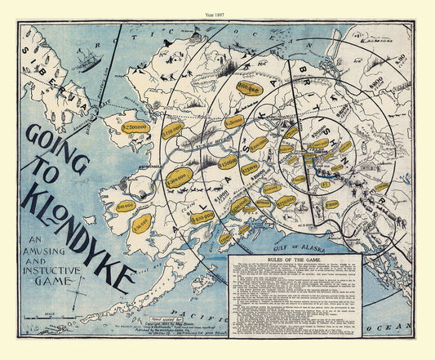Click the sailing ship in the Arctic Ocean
pyautogui.click(x=86, y=60)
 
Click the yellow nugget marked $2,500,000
pyautogui.click(x=134, y=127)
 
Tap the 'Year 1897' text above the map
pyautogui.click(x=217, y=7)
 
